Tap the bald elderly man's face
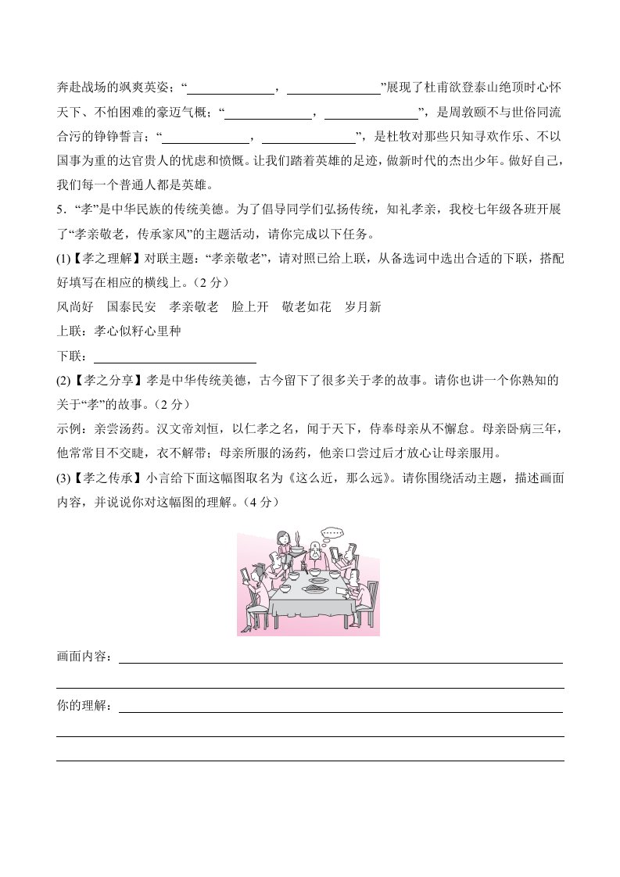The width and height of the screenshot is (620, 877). pyautogui.click(x=316, y=550)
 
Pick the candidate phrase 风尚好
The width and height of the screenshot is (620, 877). pyautogui.click(x=75, y=307)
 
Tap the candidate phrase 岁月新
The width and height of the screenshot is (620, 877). pyautogui.click(x=363, y=307)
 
